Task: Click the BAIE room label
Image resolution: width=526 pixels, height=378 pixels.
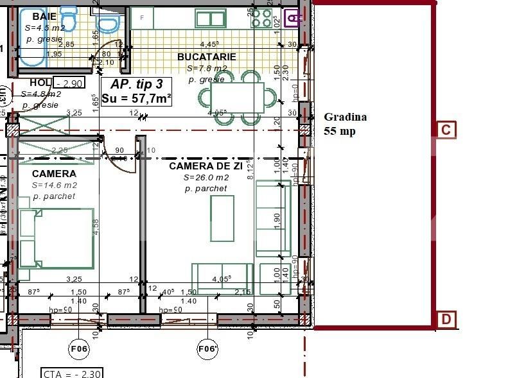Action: [x=35, y=15]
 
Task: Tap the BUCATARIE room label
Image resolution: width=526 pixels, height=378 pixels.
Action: [x=206, y=56]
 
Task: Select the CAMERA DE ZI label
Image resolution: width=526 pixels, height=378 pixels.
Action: [x=206, y=166]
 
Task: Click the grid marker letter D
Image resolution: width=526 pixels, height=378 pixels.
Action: [x=446, y=319]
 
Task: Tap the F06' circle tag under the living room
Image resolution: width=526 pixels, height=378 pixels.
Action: [x=207, y=348]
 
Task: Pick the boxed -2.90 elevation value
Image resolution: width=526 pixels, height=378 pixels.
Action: [x=69, y=83]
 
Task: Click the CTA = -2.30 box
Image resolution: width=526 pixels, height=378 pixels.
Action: [x=71, y=373]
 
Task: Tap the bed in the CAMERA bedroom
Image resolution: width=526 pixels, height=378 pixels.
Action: [x=57, y=238]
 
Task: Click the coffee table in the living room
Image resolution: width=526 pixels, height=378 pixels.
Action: [x=222, y=218]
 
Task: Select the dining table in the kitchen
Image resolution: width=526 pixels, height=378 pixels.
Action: [x=240, y=98]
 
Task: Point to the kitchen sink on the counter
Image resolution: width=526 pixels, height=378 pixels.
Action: [x=210, y=19]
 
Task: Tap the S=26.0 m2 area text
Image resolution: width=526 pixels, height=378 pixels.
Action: [x=206, y=178]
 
